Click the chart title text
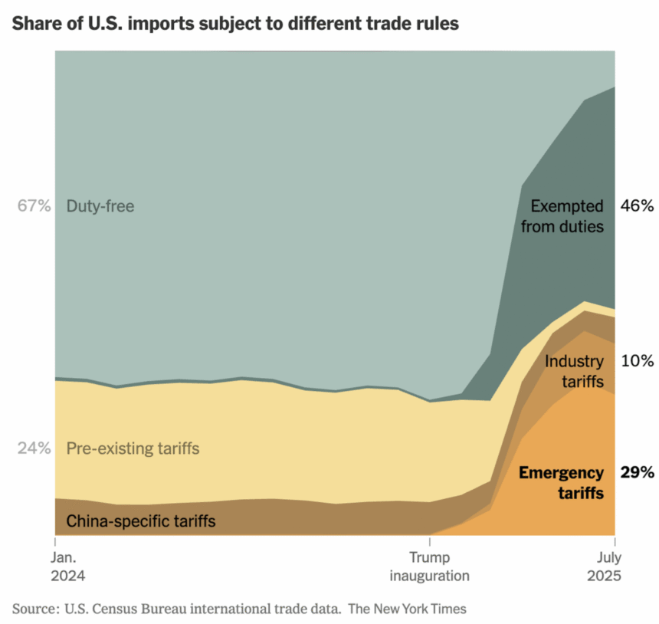[x=235, y=24]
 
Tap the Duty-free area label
[x=100, y=206]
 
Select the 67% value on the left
[x=34, y=206]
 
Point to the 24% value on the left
[x=34, y=448]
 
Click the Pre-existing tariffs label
[x=133, y=448]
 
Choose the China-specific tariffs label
[x=140, y=522]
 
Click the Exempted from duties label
[x=567, y=216]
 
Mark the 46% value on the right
[x=637, y=206]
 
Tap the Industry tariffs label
[x=574, y=370]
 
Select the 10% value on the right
[x=637, y=360]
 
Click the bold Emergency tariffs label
[x=561, y=483]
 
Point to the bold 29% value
[x=637, y=473]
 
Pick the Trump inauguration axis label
[x=429, y=567]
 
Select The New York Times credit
[x=407, y=609]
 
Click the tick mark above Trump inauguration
[x=429, y=540]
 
